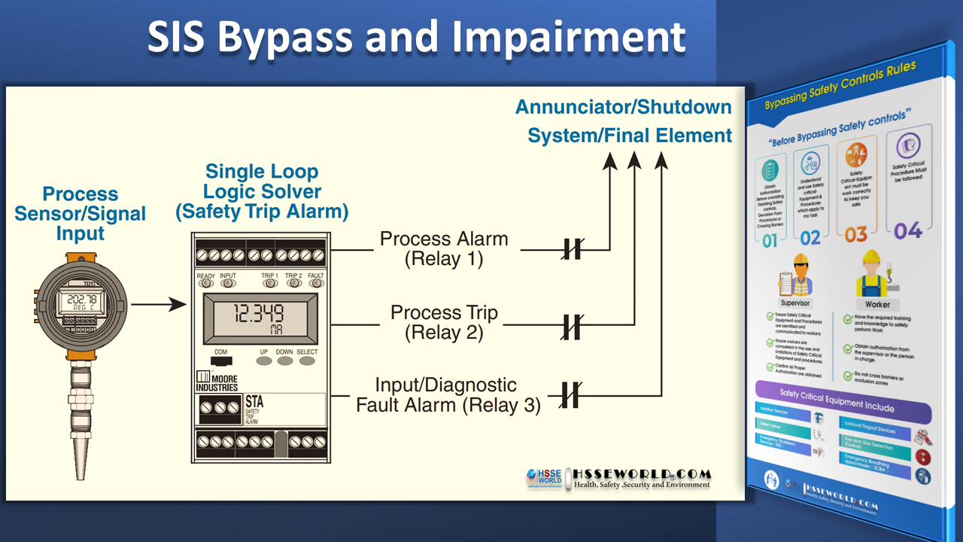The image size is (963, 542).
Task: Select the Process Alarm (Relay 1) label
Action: pos(444,249)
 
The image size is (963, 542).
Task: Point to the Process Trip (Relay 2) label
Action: pos(444,322)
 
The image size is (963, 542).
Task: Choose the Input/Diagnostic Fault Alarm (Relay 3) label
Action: pos(448,394)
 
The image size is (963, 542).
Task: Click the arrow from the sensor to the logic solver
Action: pos(158,305)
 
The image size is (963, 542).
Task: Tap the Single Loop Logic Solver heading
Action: pos(262,191)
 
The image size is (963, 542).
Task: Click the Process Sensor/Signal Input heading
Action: pos(81,214)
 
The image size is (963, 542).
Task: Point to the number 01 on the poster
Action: pos(770,240)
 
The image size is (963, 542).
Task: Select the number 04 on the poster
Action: pos(907,230)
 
